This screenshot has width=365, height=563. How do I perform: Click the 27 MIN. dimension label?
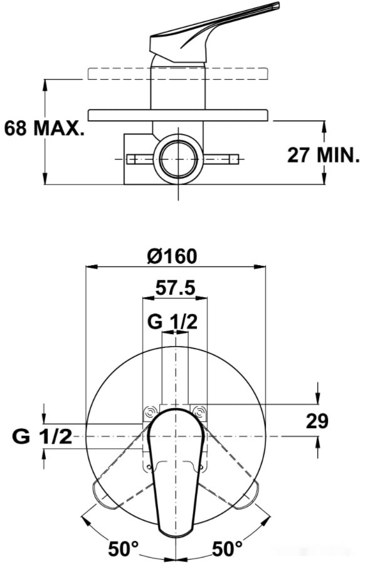[x=323, y=154]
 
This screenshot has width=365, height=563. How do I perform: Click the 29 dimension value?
[x=317, y=421]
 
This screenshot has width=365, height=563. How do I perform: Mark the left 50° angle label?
[x=123, y=549]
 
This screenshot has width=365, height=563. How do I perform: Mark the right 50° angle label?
[x=228, y=549]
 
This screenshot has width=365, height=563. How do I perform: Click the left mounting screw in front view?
[x=150, y=412]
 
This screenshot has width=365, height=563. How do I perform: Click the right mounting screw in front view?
[x=199, y=412]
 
